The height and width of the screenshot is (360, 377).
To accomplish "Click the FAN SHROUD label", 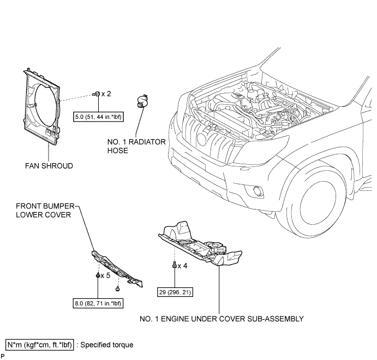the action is pos(49,166).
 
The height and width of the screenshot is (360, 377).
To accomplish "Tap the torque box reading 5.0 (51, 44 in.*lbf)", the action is pos(98,117).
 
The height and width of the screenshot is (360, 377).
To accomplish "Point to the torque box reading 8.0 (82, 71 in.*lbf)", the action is pos(98,303).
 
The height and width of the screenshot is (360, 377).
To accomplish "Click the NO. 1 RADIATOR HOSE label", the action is pos(136,146).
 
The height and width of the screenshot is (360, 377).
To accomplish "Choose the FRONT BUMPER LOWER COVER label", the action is pos(45,211).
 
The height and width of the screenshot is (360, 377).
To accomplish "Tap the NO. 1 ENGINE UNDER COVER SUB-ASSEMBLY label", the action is pos(222,319).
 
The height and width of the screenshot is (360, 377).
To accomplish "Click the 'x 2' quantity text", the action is pos(106,94).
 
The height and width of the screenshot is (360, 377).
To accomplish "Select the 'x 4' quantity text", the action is pos(182,266).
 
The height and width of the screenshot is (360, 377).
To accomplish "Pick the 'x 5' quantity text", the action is pos(105,275).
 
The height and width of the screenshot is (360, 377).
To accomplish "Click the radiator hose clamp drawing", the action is pos(142,101).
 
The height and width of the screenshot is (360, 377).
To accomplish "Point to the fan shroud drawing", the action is pos(42,107).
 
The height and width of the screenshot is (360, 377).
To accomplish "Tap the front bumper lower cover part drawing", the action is pos(117,269).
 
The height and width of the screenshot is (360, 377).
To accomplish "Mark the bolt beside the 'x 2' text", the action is pos(97,94).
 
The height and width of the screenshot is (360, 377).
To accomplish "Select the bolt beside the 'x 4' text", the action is pos(174,265).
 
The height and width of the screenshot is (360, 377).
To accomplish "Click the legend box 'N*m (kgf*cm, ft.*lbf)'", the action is pos(40,345).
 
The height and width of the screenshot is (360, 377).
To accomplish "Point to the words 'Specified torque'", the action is pos(107,345).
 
